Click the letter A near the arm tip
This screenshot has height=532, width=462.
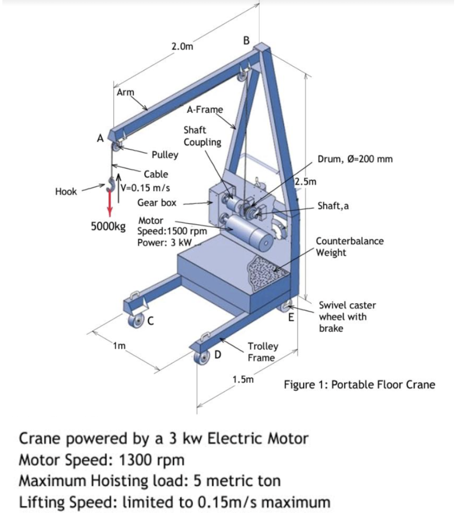click(x=99, y=138)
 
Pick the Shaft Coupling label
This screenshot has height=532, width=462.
click(x=202, y=136)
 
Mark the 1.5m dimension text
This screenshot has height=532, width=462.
click(x=243, y=379)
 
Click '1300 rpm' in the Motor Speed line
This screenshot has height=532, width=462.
click(x=152, y=460)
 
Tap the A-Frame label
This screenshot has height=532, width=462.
click(x=205, y=110)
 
